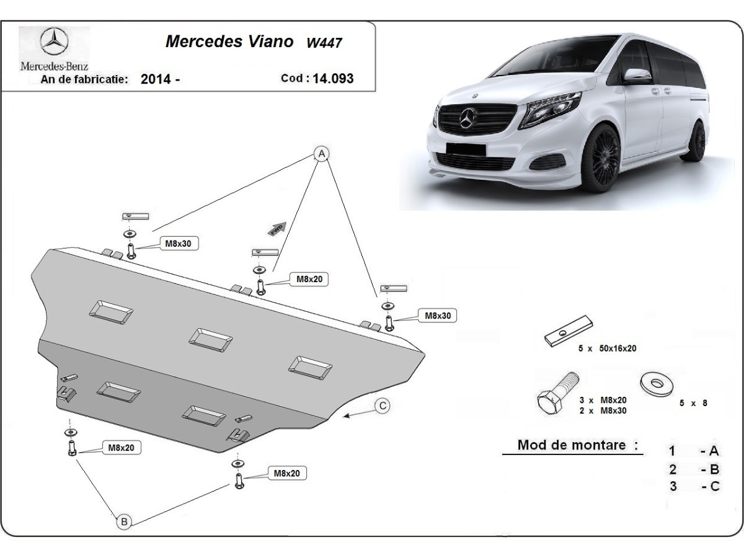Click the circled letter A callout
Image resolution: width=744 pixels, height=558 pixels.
point(321,152)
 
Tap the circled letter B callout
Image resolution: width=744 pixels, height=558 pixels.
point(124,522)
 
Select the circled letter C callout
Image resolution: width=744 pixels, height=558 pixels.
point(383,406)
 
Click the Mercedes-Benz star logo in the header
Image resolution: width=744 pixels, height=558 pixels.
point(54,44)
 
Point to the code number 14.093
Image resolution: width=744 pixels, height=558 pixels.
point(334,78)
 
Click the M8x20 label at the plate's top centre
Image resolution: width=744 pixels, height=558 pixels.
point(309,280)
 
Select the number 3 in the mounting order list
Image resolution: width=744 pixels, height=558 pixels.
point(673,486)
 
